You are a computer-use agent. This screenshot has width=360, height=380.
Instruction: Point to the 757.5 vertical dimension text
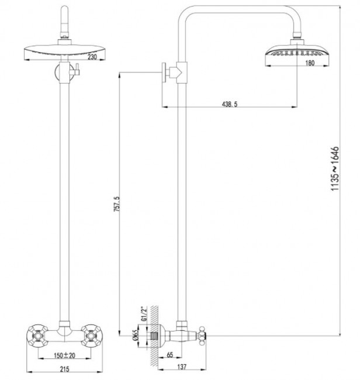click(117, 205)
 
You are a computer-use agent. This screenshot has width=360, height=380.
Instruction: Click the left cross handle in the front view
click(37, 336)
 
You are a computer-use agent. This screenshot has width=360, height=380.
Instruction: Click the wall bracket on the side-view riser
click(172, 73)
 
